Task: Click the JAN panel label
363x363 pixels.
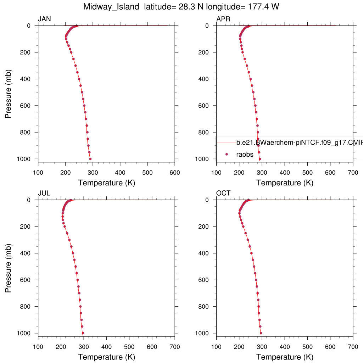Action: tap(44, 19)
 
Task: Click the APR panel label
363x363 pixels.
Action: tap(223, 19)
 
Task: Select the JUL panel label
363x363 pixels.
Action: tap(44, 193)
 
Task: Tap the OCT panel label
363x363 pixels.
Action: tap(223, 193)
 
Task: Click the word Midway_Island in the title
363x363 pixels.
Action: tap(111, 7)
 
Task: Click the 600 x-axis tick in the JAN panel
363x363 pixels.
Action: tap(174, 173)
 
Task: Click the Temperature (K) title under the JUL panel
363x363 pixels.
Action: tap(106, 357)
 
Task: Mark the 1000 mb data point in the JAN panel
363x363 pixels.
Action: tap(90, 159)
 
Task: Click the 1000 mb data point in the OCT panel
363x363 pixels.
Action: tap(261, 333)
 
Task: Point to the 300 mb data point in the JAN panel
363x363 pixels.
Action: tap(75, 66)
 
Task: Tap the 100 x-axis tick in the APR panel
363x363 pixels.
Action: tap(217, 173)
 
